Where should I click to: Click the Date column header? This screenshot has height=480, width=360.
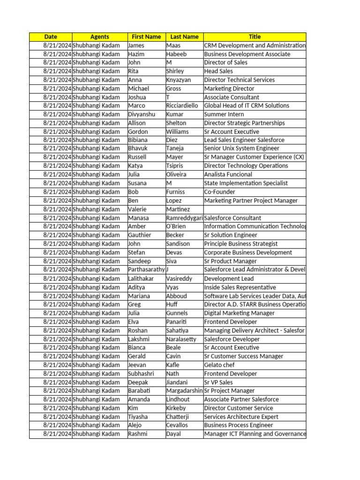51,37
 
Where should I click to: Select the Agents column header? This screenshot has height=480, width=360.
99,37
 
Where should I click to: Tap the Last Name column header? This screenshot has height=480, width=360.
184,37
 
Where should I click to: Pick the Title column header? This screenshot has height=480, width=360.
255,37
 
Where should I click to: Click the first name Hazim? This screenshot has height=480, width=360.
136,54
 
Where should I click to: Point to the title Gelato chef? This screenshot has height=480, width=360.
219,365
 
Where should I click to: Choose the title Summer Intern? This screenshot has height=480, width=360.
224,114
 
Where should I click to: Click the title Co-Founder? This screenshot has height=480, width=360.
220,192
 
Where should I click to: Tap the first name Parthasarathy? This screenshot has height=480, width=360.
146,270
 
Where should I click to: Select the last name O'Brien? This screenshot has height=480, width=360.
176,226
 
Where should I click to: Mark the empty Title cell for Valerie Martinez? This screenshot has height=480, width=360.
255,209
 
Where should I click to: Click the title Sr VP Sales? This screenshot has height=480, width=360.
218,382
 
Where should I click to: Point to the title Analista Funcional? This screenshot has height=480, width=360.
228,174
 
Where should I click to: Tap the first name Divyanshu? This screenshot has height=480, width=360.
142,114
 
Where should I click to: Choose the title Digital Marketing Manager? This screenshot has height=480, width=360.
240,313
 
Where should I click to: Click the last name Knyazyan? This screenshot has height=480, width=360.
178,80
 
